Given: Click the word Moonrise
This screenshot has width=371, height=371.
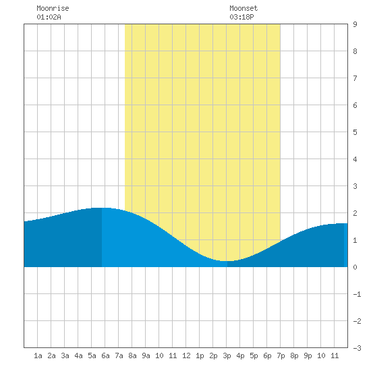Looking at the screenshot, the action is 53,8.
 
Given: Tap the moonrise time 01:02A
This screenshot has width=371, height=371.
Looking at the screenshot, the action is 49,17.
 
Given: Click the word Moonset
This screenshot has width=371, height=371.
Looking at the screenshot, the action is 244,8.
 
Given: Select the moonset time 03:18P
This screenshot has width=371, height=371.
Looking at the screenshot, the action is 241,17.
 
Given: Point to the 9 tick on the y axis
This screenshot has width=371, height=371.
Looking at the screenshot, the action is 355,24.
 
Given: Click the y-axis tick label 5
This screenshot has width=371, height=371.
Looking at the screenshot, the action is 355,132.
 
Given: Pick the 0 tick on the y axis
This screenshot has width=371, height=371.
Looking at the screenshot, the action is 355,267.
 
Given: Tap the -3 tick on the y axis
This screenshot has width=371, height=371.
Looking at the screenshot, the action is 357,348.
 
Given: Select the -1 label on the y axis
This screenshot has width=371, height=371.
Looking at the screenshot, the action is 357,294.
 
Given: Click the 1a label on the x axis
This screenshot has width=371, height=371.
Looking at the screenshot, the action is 38,355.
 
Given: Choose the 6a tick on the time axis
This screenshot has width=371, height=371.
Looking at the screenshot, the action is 105,355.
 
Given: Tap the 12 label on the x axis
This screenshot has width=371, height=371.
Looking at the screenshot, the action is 186,355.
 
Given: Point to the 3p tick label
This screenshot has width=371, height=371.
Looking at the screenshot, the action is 227,355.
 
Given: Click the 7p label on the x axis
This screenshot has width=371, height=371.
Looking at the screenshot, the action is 281,355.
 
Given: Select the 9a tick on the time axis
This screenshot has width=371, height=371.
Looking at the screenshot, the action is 146,355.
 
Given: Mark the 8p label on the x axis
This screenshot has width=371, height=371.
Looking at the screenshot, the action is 294,355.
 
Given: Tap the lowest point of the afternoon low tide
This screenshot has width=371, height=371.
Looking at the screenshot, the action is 227,261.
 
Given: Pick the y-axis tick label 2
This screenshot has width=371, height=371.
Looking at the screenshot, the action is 355,213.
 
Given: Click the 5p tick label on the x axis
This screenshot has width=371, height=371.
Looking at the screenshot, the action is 254,355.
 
